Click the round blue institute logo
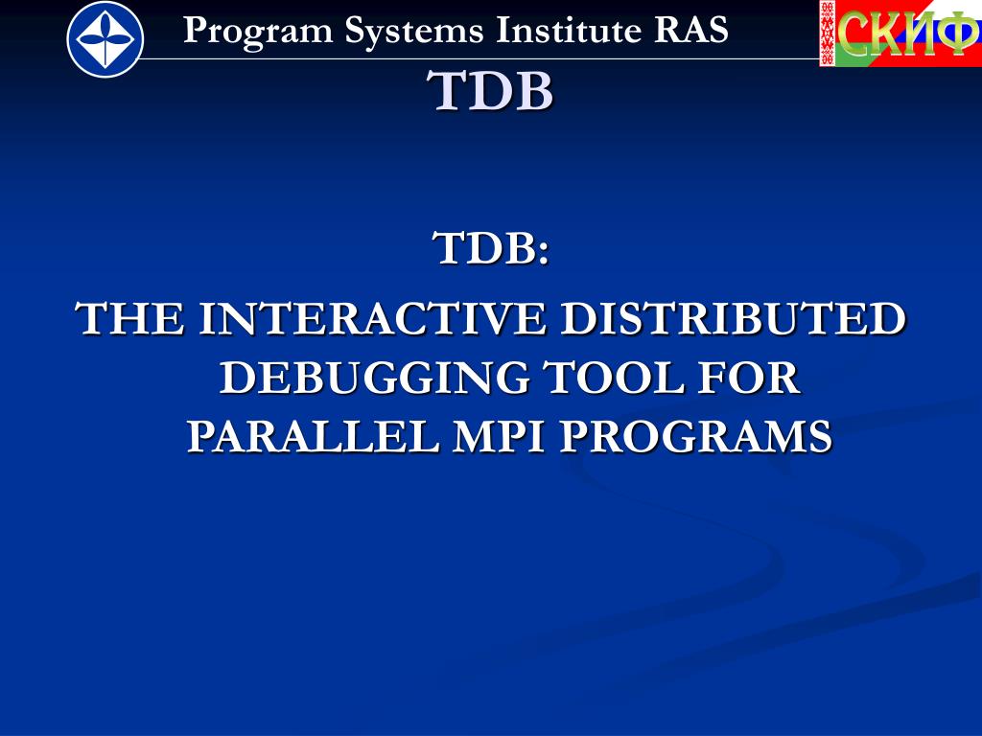105,39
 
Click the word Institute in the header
568,30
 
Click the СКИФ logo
900,34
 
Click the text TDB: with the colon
491,248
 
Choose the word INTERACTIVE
372,318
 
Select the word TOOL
613,378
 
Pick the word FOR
749,378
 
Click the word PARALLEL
314,436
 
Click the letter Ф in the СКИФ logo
955,34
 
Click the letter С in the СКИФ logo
853,34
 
